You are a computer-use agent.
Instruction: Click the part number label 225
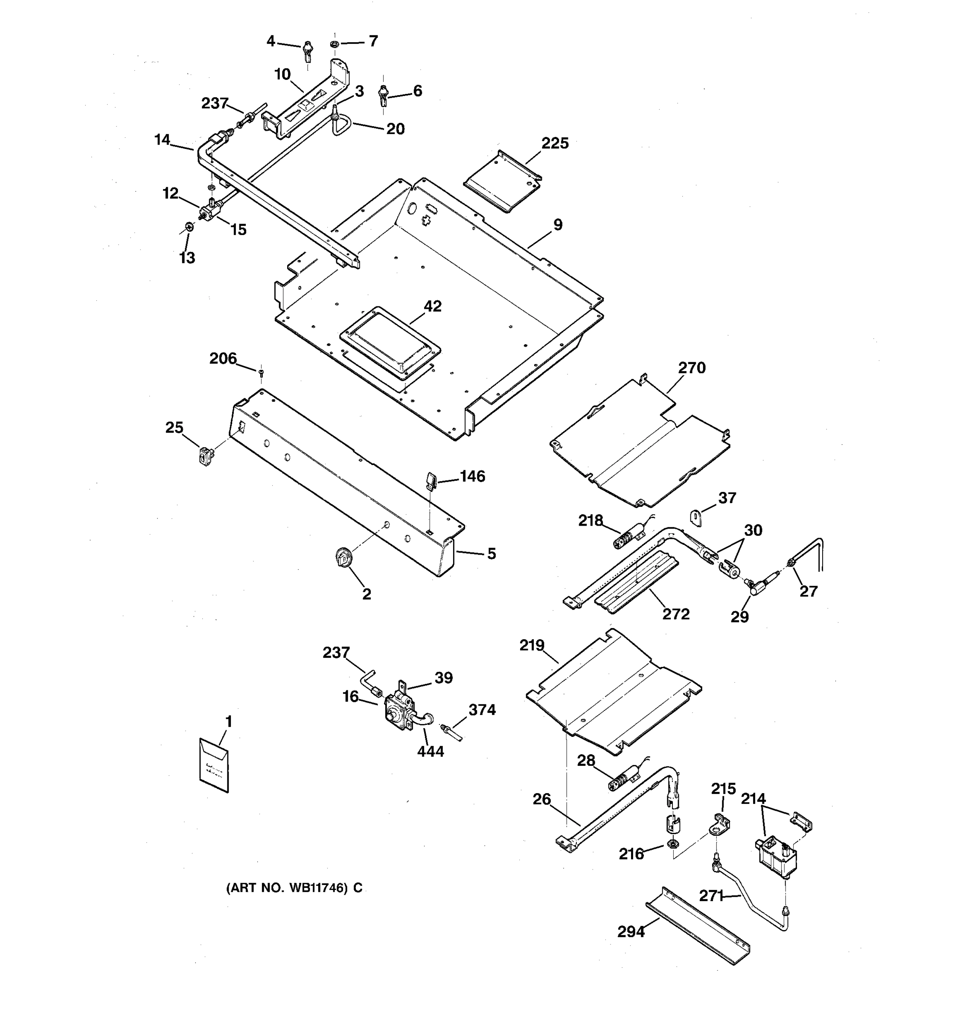[554, 143]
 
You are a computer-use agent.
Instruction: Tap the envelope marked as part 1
[214, 765]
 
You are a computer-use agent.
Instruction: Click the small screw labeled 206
[261, 371]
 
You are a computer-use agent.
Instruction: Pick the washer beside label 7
[334, 44]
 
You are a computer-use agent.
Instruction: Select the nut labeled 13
[189, 226]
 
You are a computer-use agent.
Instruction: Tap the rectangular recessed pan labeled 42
[390, 337]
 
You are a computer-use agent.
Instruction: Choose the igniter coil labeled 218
[626, 540]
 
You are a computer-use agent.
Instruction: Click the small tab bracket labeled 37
[697, 518]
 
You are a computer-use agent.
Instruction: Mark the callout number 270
[691, 368]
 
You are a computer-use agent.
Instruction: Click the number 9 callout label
[558, 225]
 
